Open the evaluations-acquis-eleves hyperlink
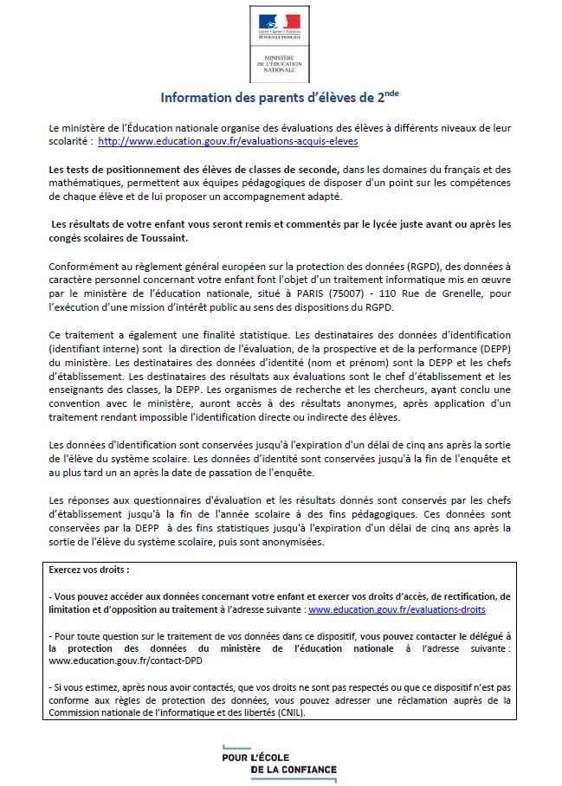tap(228, 140)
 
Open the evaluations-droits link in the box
tap(397, 609)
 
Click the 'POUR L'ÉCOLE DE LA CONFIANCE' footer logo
tap(280, 759)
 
